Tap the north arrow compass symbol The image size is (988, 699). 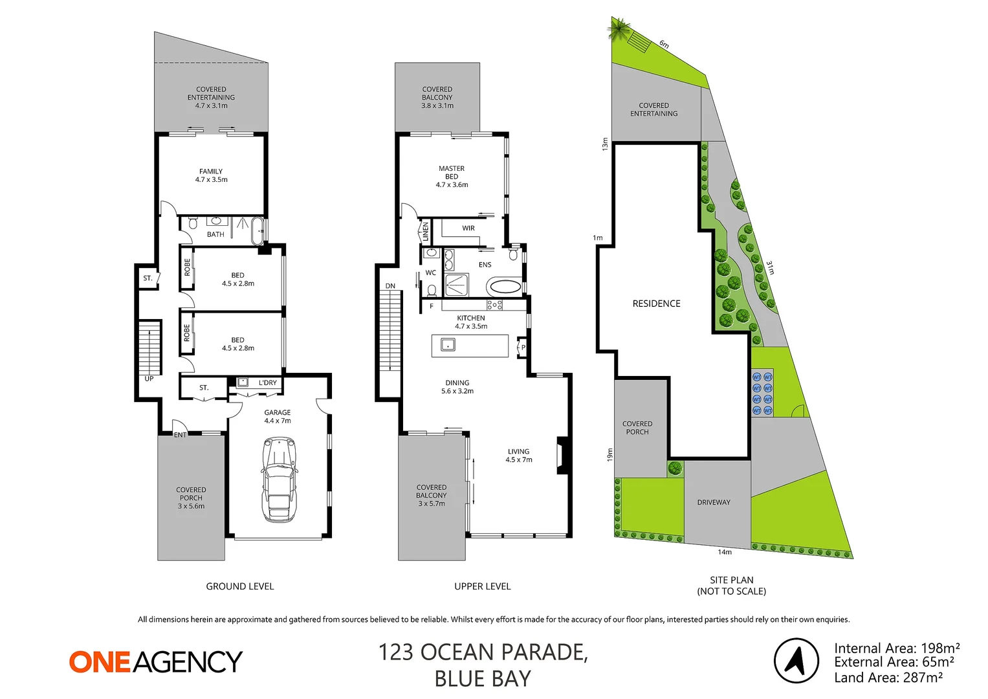796,660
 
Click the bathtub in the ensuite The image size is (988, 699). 505,286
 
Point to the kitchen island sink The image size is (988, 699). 448,345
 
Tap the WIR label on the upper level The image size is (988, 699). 468,228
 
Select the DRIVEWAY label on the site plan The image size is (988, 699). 714,502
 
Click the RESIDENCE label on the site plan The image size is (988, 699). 656,304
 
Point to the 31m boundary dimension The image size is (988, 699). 770,267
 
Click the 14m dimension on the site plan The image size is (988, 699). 725,552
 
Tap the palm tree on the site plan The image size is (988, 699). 619,28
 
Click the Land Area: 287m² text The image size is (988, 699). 888,678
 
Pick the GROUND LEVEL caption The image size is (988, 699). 240,586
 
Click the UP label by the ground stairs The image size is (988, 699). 149,379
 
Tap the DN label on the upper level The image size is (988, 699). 390,286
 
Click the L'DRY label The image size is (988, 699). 268,383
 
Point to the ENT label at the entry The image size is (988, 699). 180,435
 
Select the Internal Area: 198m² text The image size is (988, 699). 897,648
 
